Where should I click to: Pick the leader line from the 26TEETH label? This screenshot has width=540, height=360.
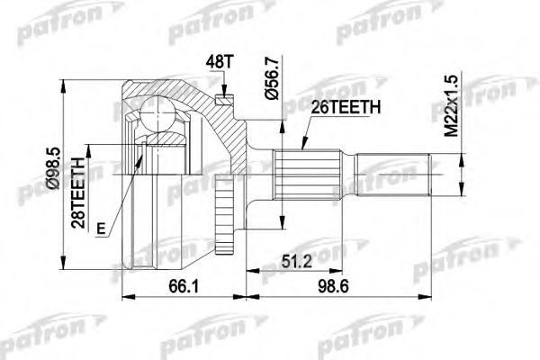click(x=310, y=135)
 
